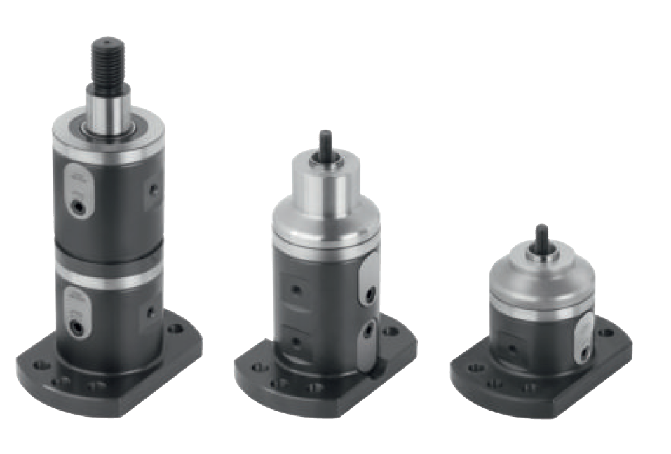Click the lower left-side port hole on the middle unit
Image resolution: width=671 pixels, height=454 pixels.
297,341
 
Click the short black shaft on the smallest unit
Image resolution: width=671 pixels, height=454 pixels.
542,239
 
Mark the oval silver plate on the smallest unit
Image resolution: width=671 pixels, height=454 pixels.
583,336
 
